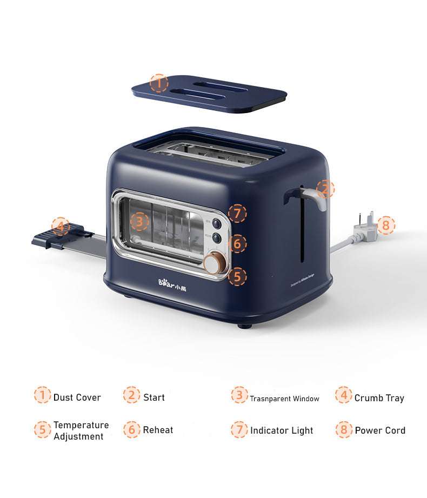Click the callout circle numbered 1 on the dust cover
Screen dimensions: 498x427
coord(159,83)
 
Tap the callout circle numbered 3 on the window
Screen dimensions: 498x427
coord(139,221)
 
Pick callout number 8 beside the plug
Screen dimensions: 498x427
coord(386,224)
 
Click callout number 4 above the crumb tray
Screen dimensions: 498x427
coord(61,226)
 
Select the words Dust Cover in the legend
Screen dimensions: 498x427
coord(77,397)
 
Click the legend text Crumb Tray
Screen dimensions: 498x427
coord(379,398)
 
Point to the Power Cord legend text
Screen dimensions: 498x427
coord(380,430)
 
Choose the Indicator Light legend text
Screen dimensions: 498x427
coord(282,430)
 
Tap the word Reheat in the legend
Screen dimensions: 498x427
coord(158,430)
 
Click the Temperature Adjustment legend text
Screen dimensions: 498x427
coord(81,430)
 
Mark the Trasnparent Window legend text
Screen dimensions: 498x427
coord(284,399)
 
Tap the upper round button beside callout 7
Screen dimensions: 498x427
coord(216,223)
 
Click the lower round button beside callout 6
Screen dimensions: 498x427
coord(216,237)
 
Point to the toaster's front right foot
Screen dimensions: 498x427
coord(244,325)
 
